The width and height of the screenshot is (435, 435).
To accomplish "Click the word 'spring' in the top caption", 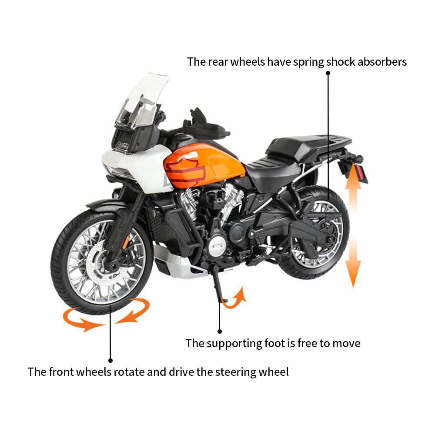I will (308, 62).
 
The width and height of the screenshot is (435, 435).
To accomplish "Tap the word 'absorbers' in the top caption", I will (381, 62).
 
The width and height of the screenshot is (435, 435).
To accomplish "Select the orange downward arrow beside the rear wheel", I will (353, 265).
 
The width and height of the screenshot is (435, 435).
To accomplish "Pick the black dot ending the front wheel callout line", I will (110, 360).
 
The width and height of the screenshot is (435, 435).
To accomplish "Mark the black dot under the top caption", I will (328, 74).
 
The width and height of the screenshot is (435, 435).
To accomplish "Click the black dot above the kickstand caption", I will (220, 331).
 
